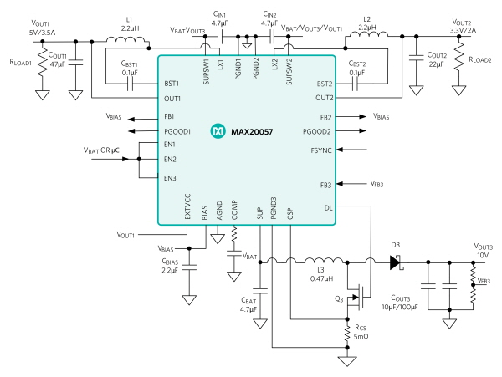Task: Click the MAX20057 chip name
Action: point(252,132)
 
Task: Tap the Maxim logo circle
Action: point(218,131)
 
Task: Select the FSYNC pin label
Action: point(321,150)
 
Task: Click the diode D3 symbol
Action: point(396,262)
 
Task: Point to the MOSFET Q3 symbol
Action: point(358,297)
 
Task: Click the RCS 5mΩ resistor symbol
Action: point(347,334)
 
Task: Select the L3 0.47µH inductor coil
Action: point(323,261)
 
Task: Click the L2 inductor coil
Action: point(368,34)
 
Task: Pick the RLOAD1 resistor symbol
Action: point(43,64)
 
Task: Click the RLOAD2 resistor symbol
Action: point(458,57)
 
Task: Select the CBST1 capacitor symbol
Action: point(130,84)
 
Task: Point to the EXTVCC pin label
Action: point(187,206)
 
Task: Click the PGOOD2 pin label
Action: point(316,132)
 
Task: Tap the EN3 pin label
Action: point(170,178)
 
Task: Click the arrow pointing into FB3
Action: point(351,184)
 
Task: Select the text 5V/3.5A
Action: point(42,33)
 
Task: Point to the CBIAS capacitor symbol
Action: point(189,267)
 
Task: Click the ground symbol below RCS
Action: point(347,361)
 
